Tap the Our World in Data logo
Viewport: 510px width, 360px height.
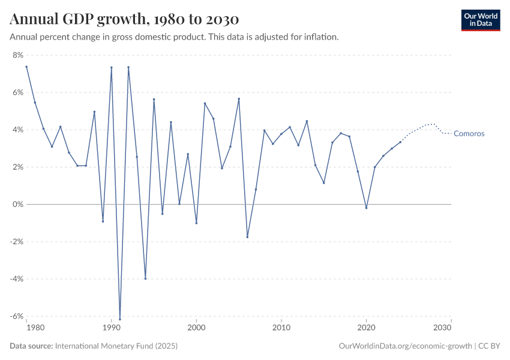click(x=480, y=20)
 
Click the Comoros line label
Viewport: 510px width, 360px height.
click(x=469, y=134)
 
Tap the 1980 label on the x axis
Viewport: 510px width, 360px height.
click(x=35, y=328)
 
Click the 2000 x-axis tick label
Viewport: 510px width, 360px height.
click(x=196, y=328)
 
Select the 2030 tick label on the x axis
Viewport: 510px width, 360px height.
click(x=442, y=328)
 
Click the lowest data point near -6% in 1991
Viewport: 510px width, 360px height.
click(x=120, y=319)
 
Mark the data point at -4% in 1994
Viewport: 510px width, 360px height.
click(x=145, y=278)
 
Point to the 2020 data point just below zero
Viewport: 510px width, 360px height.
click(x=366, y=208)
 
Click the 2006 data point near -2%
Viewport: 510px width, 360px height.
click(x=247, y=237)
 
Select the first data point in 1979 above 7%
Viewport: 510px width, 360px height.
click(x=26, y=67)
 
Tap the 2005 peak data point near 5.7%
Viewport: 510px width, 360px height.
click(x=239, y=99)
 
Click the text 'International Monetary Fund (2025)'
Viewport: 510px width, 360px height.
click(x=116, y=346)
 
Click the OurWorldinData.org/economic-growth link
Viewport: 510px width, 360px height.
click(x=406, y=346)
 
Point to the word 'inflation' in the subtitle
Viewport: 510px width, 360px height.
click(x=321, y=37)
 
